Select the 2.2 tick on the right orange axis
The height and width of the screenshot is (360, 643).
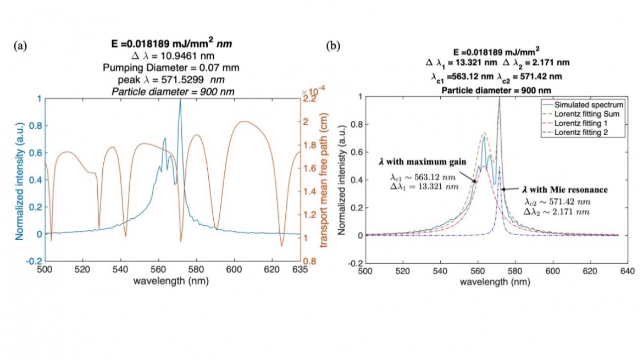(311, 99)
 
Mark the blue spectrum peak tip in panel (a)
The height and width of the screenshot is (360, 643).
(180, 99)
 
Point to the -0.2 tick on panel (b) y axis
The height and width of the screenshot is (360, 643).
(354, 263)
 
